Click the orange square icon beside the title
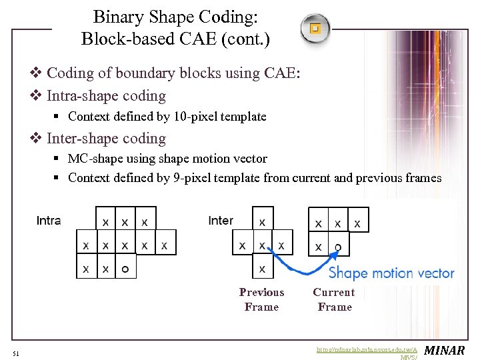tap(315, 29)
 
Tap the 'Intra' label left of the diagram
tap(49, 221)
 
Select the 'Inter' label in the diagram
tap(221, 221)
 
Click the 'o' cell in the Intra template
tap(125, 269)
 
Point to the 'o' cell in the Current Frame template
tap(338, 247)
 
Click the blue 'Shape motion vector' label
tap(391, 273)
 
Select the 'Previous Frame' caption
tap(261, 299)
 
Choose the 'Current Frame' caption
tap(334, 299)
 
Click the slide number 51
tap(15, 353)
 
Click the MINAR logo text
tap(445, 351)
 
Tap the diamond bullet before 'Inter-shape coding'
tap(37, 139)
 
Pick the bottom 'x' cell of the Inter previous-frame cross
tap(262, 269)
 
